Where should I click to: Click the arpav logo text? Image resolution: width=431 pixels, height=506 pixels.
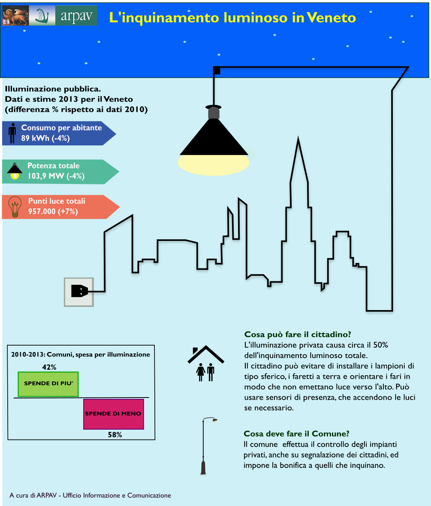click(x=76, y=16)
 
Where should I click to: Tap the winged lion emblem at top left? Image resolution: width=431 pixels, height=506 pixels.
click(x=15, y=15)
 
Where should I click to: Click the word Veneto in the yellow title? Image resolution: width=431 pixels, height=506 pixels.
click(x=331, y=18)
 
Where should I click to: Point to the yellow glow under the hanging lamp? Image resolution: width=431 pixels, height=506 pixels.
click(x=214, y=165)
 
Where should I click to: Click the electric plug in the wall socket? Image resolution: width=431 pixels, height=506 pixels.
click(x=79, y=291)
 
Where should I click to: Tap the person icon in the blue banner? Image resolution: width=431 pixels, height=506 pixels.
click(x=12, y=133)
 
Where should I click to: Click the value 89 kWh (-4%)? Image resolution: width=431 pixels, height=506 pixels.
click(x=45, y=138)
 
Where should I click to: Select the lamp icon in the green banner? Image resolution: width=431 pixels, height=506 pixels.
click(x=15, y=171)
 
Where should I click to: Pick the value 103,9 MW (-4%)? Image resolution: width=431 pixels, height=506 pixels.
click(x=56, y=176)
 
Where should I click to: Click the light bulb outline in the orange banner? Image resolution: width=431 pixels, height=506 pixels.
click(x=15, y=207)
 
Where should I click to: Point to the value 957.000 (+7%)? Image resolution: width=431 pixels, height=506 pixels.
click(x=53, y=211)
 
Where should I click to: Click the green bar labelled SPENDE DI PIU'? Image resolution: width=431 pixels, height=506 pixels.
click(x=48, y=384)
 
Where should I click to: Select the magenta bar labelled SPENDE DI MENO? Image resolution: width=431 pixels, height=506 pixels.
click(x=114, y=414)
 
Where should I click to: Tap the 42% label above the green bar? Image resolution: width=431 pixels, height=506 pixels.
click(x=49, y=367)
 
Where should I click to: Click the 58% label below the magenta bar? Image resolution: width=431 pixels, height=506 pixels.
click(x=115, y=435)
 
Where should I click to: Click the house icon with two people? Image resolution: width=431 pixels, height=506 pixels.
click(x=206, y=363)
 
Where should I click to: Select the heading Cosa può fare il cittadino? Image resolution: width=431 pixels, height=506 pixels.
click(x=298, y=334)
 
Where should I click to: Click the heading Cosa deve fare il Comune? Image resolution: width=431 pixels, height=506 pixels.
click(x=296, y=434)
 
